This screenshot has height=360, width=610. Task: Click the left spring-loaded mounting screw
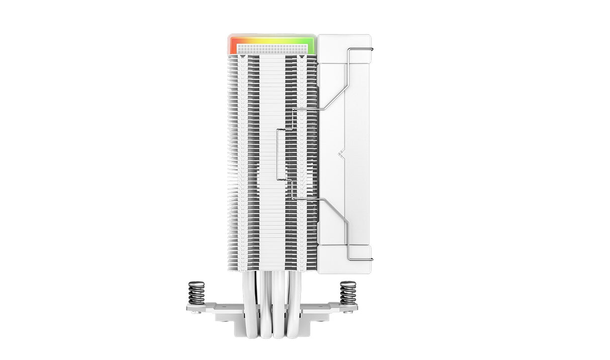click(196, 293)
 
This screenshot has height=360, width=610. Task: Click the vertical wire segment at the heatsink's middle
click(277, 153)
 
